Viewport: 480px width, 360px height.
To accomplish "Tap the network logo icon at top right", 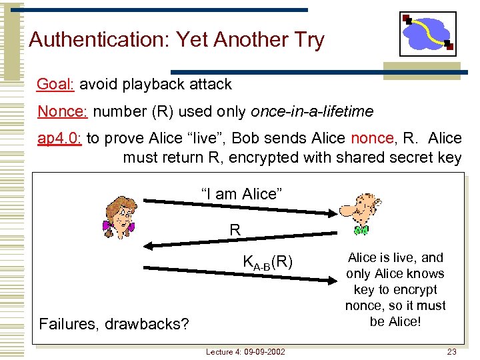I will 427,33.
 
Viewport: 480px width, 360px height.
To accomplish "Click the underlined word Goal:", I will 57,85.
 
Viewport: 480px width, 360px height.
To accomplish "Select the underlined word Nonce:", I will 63,111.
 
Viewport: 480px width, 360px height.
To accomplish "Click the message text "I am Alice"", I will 242,194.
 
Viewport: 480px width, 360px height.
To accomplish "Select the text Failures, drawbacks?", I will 114,325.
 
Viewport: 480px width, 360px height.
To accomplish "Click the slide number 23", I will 451,351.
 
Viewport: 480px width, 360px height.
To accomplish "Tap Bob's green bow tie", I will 361,231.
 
